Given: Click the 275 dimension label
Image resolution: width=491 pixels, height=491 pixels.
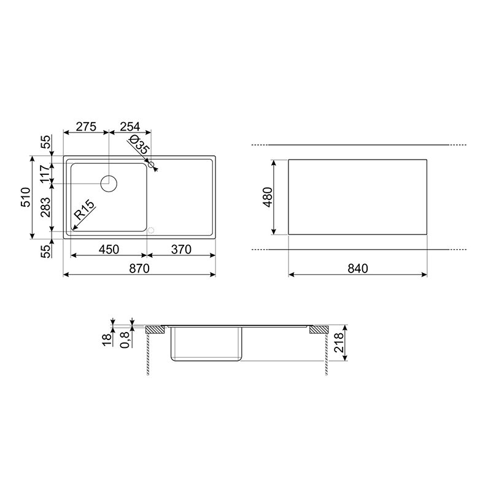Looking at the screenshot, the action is [86, 126].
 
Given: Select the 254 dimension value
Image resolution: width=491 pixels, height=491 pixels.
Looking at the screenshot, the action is [130, 126].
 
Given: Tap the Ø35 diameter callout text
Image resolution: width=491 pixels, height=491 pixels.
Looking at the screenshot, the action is [139, 144].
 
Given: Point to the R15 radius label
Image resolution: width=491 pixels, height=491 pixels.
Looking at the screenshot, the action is [84, 210].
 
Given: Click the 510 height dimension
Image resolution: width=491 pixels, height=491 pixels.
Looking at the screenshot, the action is [25, 197].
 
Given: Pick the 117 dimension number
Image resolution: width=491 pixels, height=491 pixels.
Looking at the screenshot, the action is [45, 173].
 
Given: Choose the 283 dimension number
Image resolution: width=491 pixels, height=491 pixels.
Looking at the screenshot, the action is [45, 207].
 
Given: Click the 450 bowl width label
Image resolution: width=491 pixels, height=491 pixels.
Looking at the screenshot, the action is [109, 250].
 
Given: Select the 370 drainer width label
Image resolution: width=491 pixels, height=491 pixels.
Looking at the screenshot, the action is [181, 250].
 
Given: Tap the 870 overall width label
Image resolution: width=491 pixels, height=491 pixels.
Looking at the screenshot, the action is [139, 268].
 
